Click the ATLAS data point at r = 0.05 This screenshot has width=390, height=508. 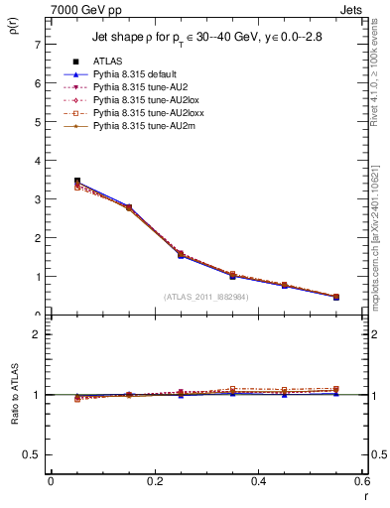(77, 182)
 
